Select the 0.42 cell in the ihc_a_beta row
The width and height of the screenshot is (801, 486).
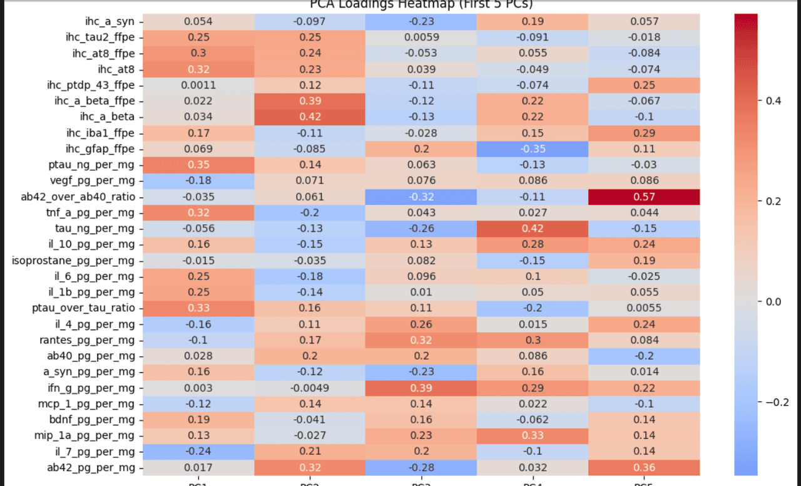310,116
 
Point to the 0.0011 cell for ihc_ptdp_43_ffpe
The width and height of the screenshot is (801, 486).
198,85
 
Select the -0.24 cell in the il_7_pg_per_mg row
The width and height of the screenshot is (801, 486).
198,452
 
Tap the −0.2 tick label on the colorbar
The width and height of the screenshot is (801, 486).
775,402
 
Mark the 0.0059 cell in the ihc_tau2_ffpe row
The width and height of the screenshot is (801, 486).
422,37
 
